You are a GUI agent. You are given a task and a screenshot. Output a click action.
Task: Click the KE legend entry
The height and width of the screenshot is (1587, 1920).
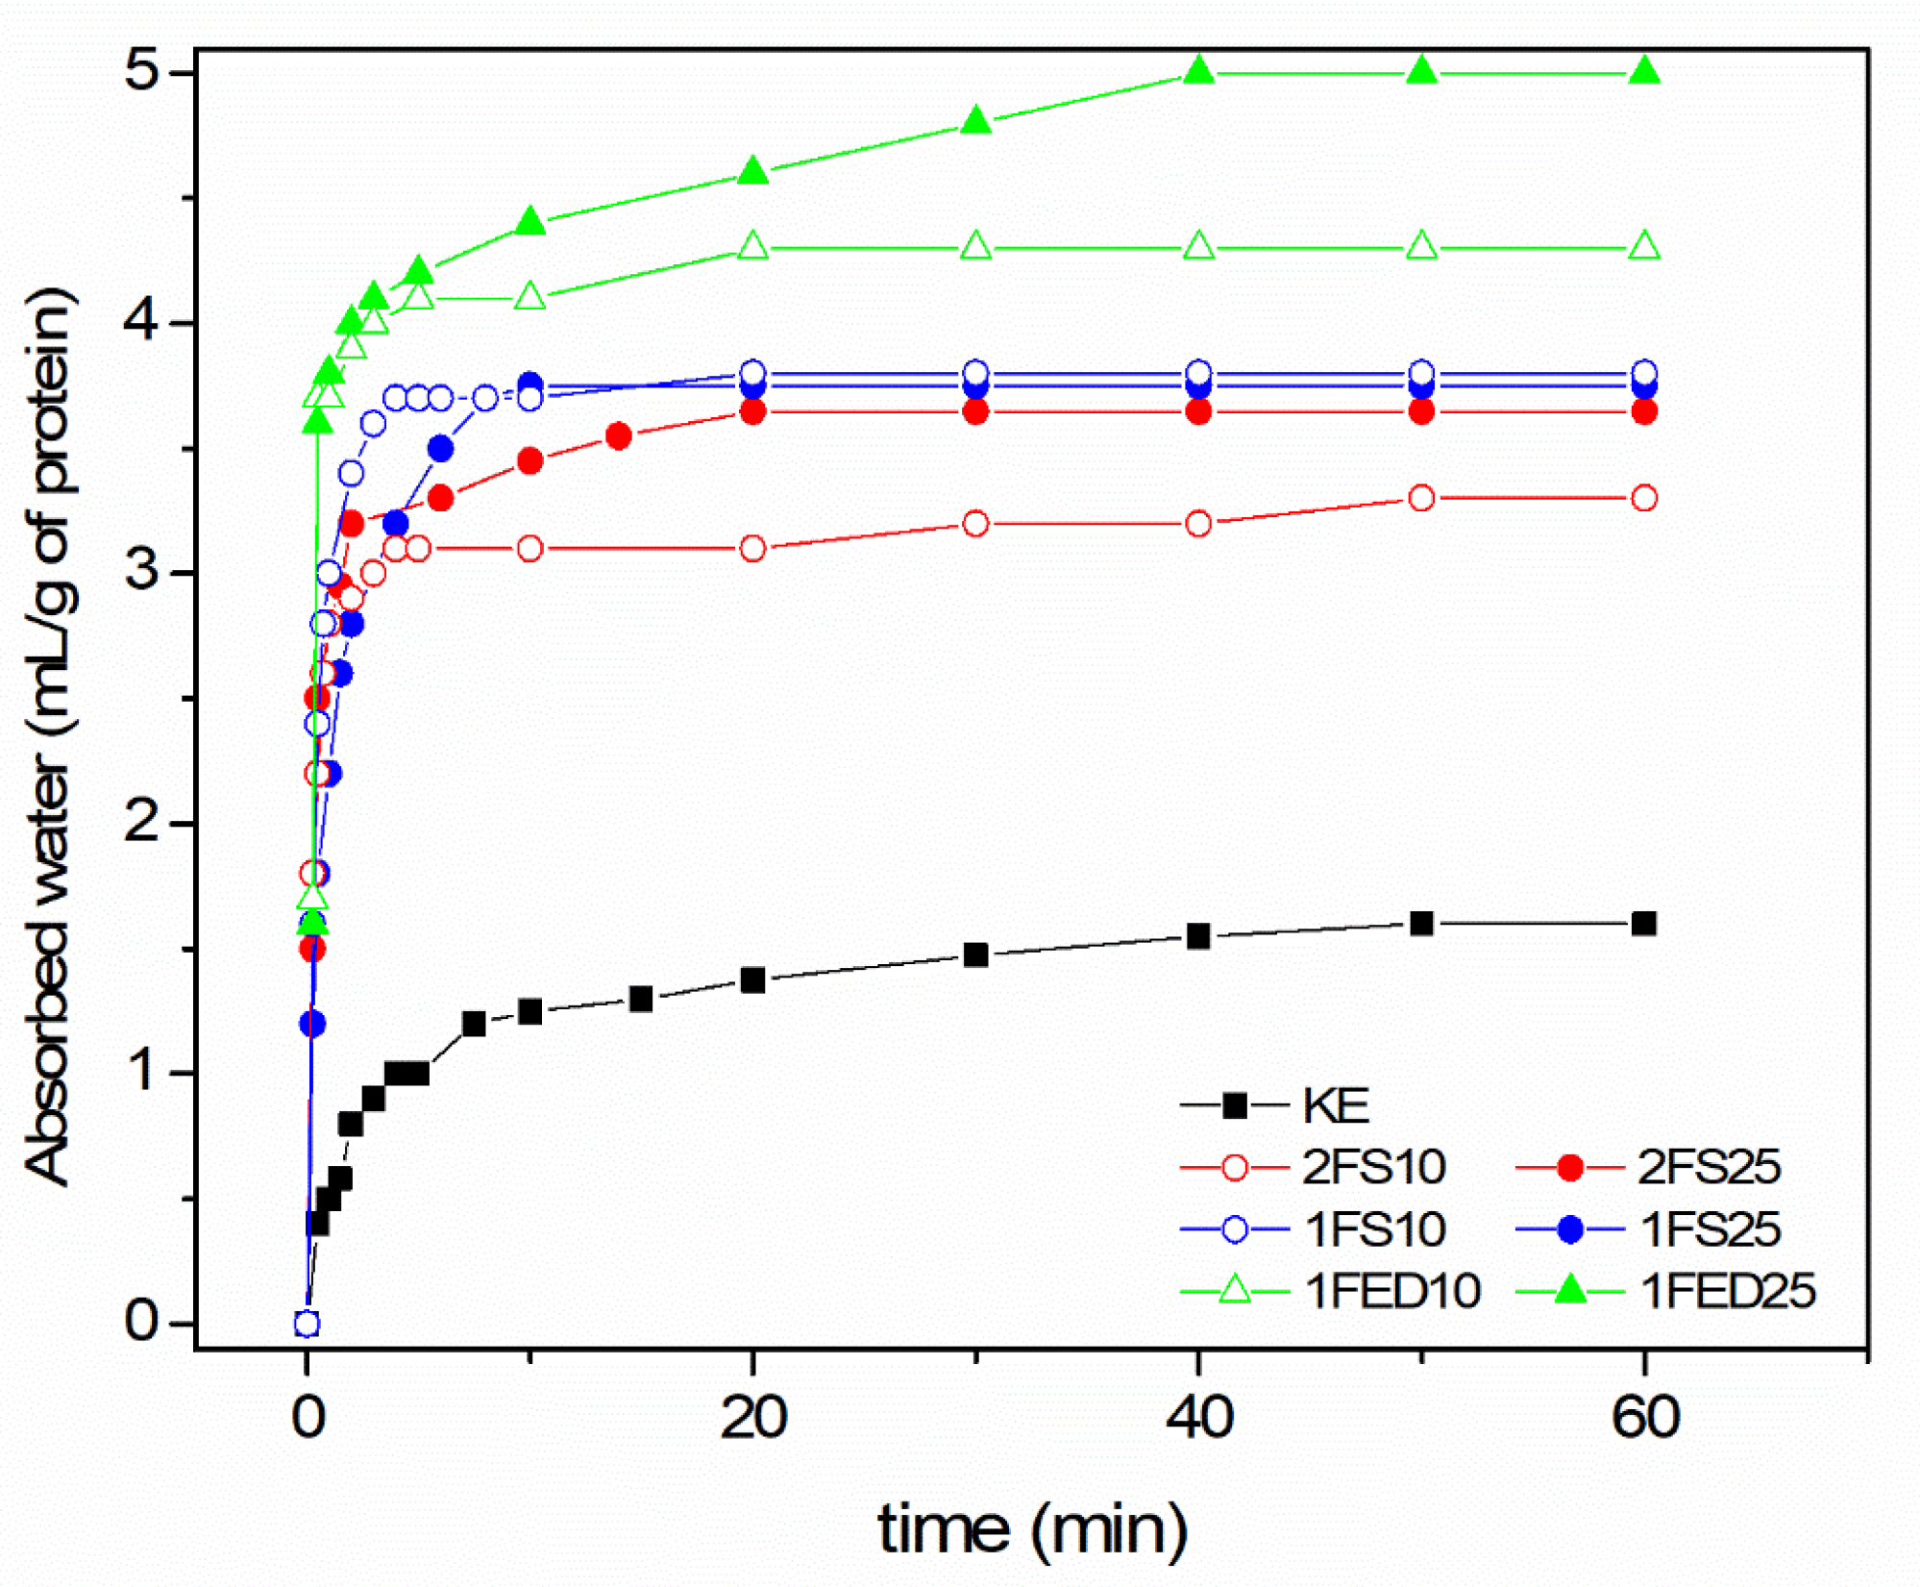pyautogui.click(x=1335, y=1105)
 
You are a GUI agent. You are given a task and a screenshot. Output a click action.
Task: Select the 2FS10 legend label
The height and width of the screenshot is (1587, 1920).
pyautogui.click(x=1373, y=1167)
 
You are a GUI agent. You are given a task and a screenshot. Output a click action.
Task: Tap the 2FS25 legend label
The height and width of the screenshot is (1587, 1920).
pyautogui.click(x=1709, y=1167)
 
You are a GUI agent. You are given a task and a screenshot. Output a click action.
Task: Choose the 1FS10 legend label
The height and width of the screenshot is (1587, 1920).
pyautogui.click(x=1374, y=1229)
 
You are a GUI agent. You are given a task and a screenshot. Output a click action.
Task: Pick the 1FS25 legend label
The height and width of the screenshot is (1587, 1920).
pyautogui.click(x=1710, y=1229)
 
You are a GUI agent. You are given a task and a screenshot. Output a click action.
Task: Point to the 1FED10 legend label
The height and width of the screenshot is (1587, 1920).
pyautogui.click(x=1391, y=1291)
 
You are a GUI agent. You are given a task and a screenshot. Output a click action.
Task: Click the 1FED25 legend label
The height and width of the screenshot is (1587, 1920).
pyautogui.click(x=1727, y=1291)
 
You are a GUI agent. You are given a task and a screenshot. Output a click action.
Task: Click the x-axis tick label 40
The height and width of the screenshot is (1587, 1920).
pyautogui.click(x=1198, y=1418)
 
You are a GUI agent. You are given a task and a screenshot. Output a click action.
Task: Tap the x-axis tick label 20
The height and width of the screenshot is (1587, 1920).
pyautogui.click(x=753, y=1418)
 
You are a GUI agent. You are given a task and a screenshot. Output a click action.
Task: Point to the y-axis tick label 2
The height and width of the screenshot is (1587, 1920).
pyautogui.click(x=141, y=823)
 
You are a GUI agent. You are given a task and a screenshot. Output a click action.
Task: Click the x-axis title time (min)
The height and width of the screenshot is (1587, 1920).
pyautogui.click(x=1032, y=1529)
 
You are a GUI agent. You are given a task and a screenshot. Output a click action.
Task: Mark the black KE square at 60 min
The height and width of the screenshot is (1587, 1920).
pyautogui.click(x=1644, y=924)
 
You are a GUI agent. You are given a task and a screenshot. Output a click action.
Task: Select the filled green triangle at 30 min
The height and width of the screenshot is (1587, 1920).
pyautogui.click(x=975, y=121)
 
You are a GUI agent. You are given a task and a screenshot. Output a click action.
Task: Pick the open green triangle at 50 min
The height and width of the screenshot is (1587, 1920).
pyautogui.click(x=1421, y=247)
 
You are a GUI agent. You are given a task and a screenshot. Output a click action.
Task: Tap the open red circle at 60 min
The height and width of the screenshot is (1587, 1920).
pyautogui.click(x=1644, y=498)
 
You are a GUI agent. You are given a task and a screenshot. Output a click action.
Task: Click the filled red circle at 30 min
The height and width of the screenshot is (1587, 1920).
pyautogui.click(x=975, y=411)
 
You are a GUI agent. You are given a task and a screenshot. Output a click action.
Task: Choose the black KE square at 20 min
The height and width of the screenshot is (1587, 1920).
pyautogui.click(x=752, y=980)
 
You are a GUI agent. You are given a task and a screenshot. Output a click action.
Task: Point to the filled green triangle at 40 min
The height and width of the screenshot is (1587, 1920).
pyautogui.click(x=1198, y=71)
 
